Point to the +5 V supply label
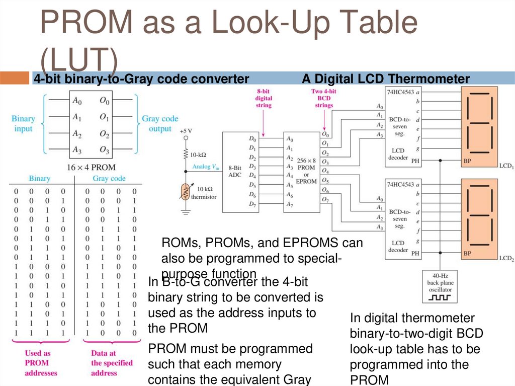pos(186,131)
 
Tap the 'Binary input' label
pos(23,124)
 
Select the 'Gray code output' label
pos(160,124)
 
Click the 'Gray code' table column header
pos(109,179)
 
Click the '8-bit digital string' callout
pos(264,98)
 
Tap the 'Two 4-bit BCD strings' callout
pos(324,98)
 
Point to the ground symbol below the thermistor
pos(186,212)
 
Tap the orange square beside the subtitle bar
pos(15,78)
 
